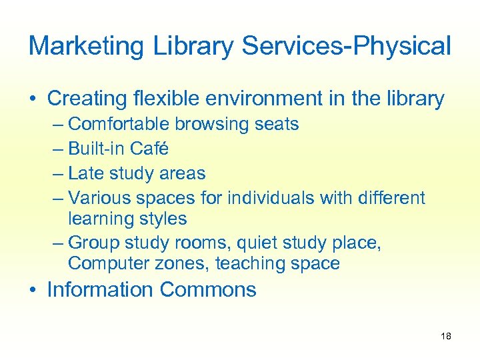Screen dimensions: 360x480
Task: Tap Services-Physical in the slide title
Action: click(x=346, y=46)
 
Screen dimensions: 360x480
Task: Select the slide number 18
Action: click(x=446, y=336)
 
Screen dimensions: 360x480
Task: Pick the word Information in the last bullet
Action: click(x=101, y=290)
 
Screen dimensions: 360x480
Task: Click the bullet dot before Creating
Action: click(x=33, y=99)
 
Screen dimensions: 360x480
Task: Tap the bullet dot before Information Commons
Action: click(x=33, y=291)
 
